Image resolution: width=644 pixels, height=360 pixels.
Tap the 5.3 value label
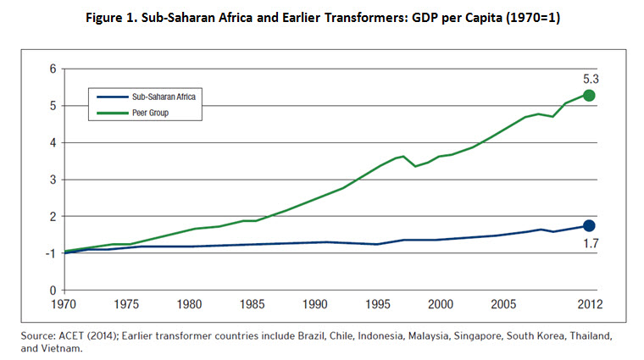click(x=590, y=77)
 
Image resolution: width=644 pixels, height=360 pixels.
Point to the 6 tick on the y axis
click(x=53, y=69)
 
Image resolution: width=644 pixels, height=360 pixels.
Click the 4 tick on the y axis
click(x=53, y=142)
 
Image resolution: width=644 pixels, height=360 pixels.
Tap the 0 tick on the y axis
click(x=53, y=291)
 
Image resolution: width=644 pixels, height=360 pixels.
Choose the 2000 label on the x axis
click(x=439, y=303)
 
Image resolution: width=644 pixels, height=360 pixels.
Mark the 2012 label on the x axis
click(x=588, y=303)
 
